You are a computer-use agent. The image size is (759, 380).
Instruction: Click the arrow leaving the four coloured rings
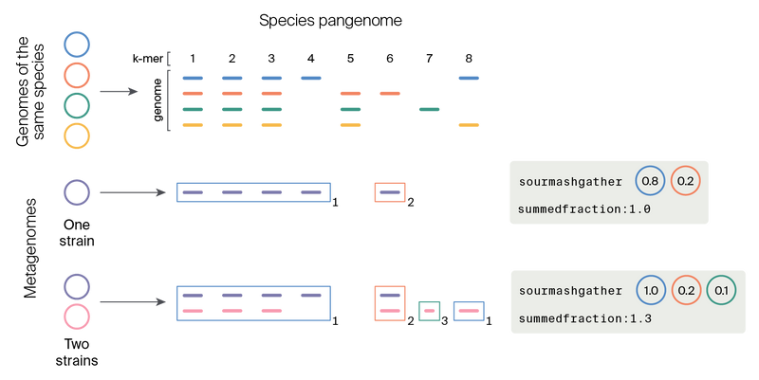(119, 91)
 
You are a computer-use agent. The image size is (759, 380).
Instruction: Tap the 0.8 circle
(650, 180)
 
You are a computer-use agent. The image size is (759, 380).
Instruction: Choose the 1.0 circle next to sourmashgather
(650, 290)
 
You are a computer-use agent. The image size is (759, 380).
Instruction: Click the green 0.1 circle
(722, 290)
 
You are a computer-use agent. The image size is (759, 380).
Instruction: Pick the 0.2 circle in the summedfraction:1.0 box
(685, 180)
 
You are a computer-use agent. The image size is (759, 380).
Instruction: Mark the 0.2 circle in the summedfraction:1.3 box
(686, 290)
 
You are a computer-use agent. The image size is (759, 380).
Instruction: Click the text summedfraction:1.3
(584, 318)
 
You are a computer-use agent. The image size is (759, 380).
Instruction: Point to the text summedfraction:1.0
(584, 208)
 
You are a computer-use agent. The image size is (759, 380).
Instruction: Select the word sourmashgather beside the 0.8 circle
(571, 181)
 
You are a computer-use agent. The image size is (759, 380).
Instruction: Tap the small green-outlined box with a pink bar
(429, 310)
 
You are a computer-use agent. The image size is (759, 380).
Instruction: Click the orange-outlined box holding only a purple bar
(390, 192)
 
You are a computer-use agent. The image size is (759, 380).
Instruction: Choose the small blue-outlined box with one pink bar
(469, 310)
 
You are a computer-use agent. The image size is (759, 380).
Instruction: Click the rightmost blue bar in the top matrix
(469, 78)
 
